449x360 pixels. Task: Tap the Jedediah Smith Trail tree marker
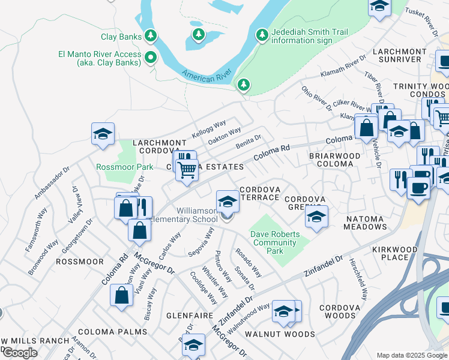coord(262,35)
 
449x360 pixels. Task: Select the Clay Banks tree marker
coord(151,36)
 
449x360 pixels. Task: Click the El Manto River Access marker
coord(151,58)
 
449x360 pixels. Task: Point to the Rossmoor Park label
coord(120,166)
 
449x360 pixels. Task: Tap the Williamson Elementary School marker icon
coord(228,202)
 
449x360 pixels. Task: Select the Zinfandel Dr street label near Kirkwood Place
coord(323,263)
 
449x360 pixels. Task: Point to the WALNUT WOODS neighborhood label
coord(280,334)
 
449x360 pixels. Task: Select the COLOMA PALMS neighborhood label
coord(112,331)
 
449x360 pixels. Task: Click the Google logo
coord(19,353)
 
